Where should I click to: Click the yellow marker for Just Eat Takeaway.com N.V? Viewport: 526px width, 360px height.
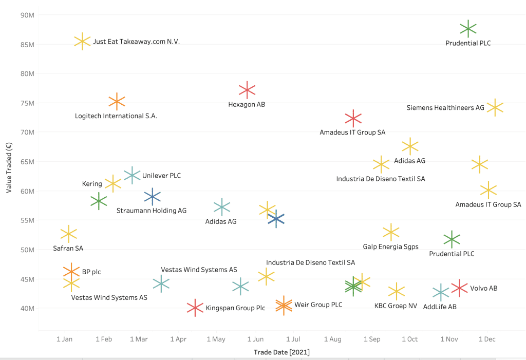[x=82, y=42]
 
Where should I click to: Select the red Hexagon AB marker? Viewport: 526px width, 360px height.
[x=247, y=90]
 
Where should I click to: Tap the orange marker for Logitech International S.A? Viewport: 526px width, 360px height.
[x=117, y=102]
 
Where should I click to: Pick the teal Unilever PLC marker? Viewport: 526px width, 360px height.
[x=132, y=175]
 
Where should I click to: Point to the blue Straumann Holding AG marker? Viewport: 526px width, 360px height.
[x=152, y=196]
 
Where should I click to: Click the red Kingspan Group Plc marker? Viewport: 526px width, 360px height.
[x=195, y=308]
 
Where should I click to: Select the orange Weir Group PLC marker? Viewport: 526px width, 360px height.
[x=284, y=306]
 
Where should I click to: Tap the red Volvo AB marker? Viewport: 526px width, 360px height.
[x=459, y=288]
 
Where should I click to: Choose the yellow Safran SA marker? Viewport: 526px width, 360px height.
[x=68, y=234]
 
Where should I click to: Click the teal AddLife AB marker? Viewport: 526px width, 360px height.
[x=440, y=293]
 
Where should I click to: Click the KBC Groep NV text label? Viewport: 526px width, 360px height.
[x=396, y=306]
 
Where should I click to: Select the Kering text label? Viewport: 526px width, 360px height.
[x=92, y=184]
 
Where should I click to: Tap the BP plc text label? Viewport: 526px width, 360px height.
[x=91, y=272]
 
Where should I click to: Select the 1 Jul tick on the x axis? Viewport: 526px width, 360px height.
[x=293, y=339]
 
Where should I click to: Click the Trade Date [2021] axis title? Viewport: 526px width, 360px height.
[x=281, y=352]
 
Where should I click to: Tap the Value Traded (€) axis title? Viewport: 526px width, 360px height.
[x=9, y=168]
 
